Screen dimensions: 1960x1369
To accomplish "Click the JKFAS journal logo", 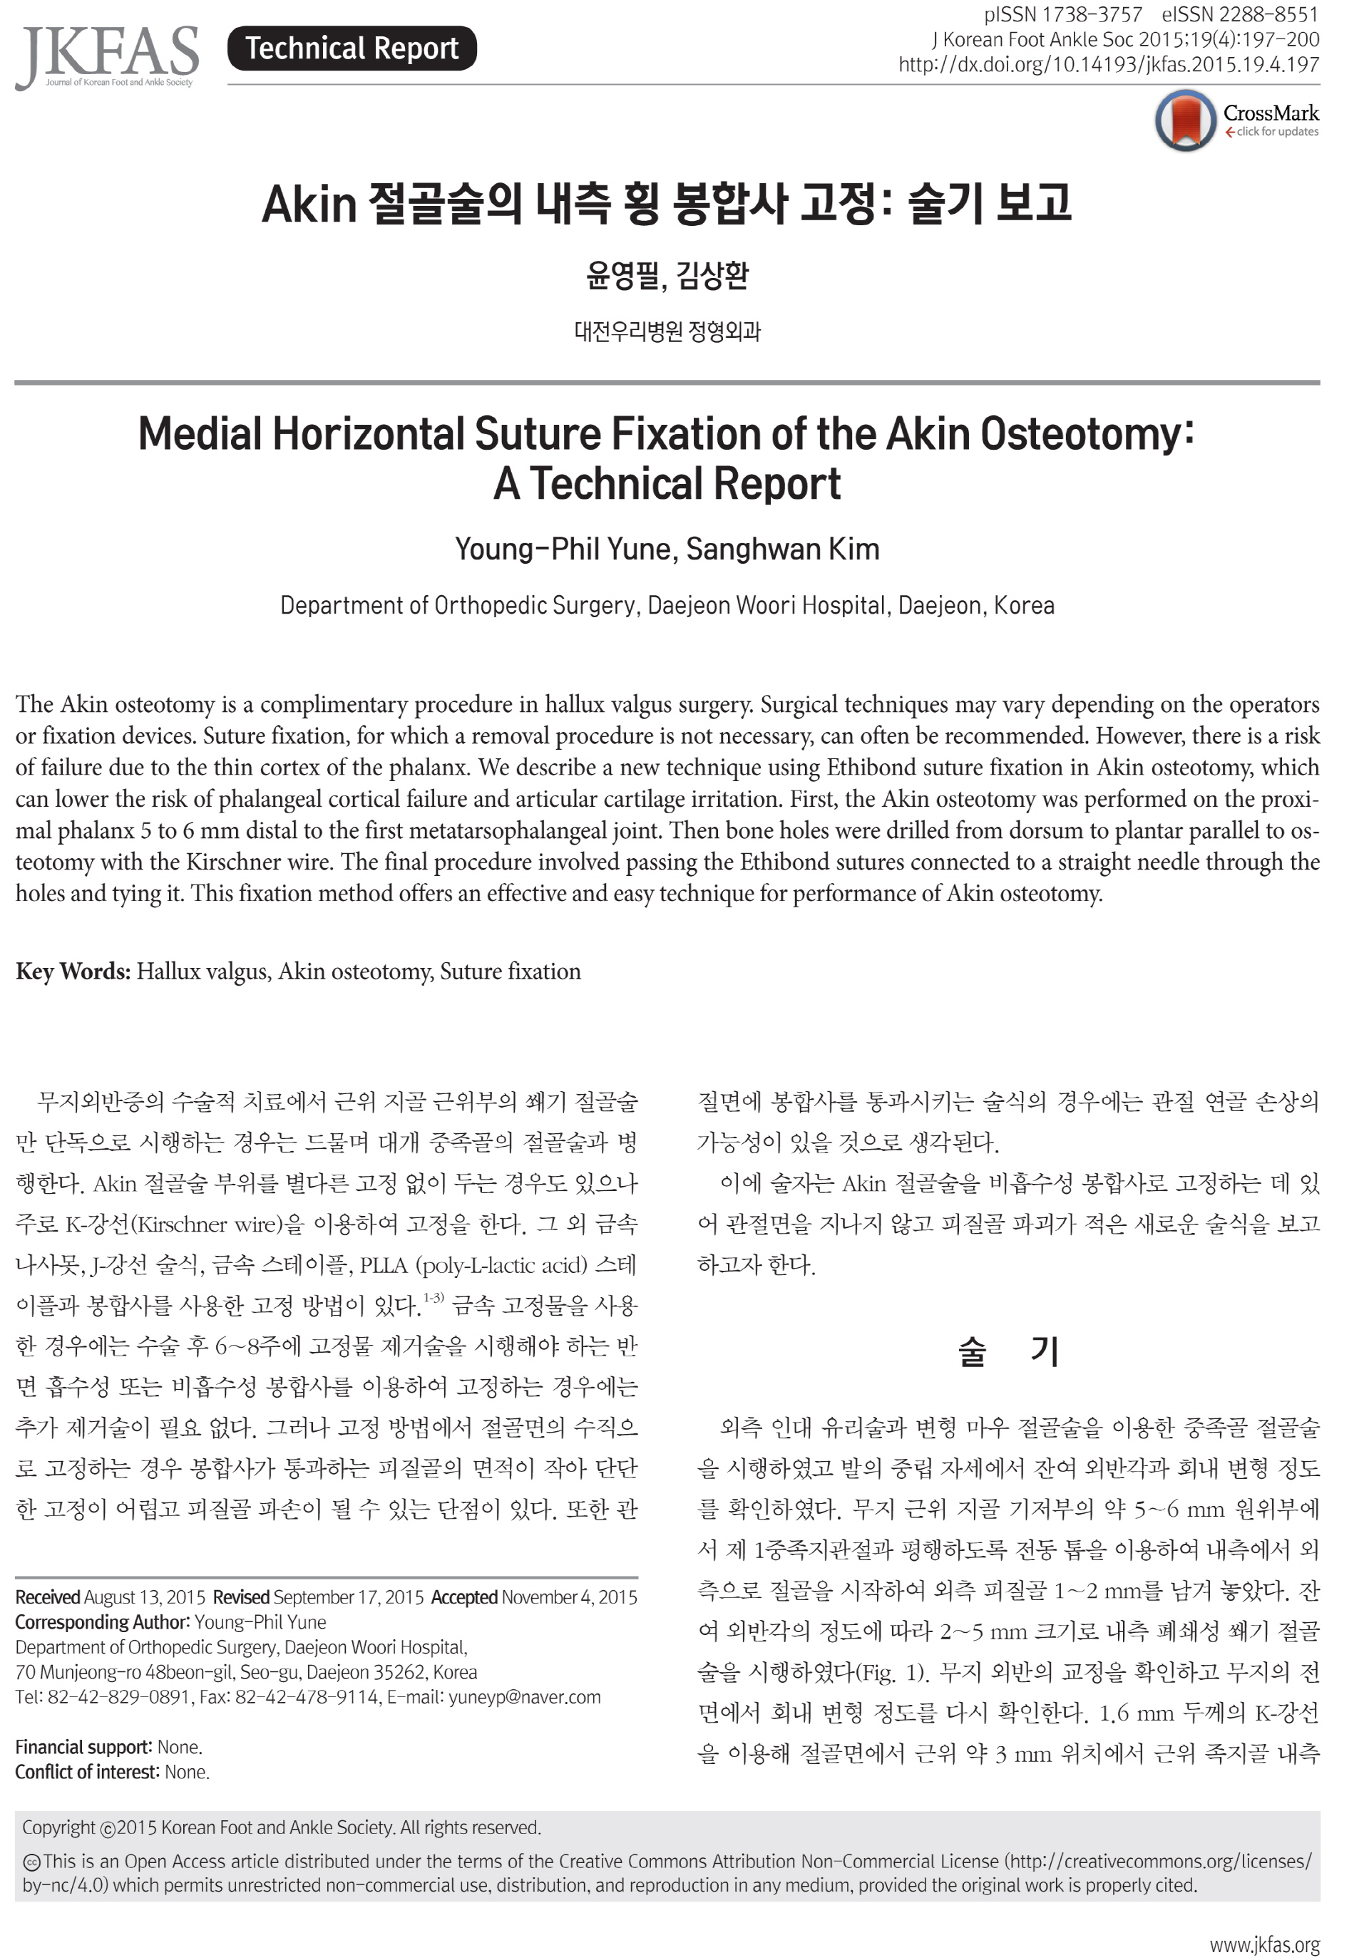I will (x=108, y=56).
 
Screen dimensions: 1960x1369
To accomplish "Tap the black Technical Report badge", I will (x=352, y=48).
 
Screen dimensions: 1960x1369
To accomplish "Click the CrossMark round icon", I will (x=1185, y=121).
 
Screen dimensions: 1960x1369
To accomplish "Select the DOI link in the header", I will (x=1109, y=65).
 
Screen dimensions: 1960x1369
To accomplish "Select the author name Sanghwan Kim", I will (x=782, y=549).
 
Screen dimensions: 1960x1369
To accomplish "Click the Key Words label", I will (x=73, y=971).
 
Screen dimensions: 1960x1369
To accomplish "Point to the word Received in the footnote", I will (x=48, y=1597).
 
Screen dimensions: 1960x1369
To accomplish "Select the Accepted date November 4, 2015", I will (x=569, y=1597).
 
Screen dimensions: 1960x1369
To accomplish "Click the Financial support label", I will (x=83, y=1748).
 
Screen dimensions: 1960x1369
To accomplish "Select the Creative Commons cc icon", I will (x=31, y=1862).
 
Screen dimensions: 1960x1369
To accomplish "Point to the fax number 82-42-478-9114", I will (x=307, y=1697).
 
